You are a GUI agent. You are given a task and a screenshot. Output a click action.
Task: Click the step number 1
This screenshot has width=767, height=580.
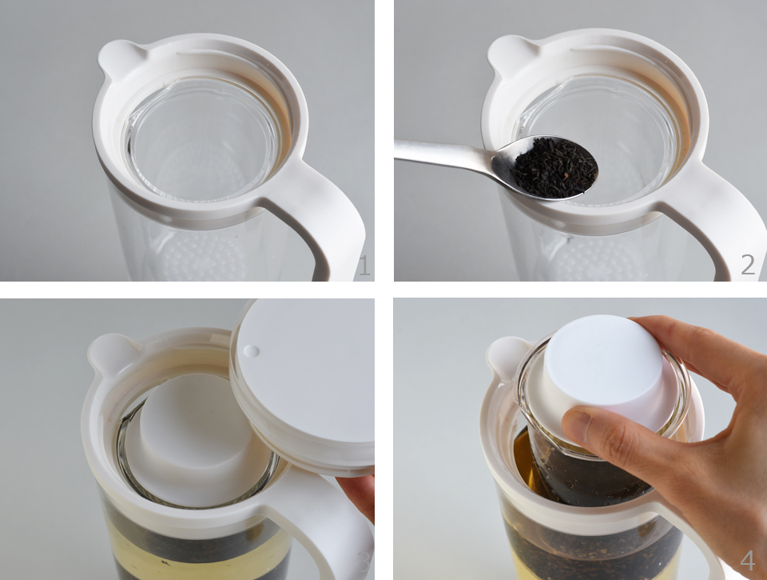tap(364, 265)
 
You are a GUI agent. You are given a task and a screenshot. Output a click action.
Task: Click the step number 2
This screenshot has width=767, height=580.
tap(748, 265)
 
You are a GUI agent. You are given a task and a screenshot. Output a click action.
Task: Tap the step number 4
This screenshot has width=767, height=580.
tap(747, 560)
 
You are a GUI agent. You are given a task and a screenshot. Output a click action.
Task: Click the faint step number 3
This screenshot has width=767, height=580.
tap(364, 562)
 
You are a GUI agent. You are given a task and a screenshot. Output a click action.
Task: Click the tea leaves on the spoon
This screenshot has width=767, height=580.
tap(556, 166)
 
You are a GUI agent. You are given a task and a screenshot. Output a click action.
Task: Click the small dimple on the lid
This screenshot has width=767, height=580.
tap(252, 350)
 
